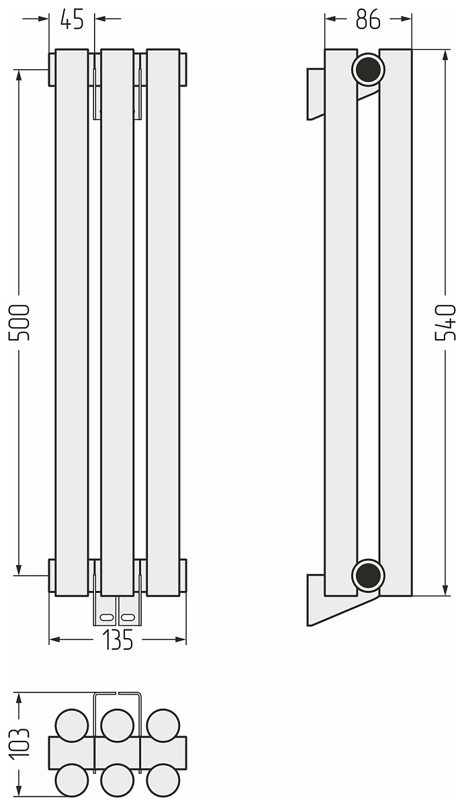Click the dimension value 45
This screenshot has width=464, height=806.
point(72,19)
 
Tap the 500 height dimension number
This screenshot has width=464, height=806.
point(19,322)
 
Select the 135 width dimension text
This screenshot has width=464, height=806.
point(118,639)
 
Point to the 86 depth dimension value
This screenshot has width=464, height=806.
point(368,19)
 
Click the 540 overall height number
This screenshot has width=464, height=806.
point(445,322)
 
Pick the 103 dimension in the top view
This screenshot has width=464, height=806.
point(19,744)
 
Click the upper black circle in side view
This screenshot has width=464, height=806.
point(368,69)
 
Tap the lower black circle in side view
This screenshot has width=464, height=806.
point(368,576)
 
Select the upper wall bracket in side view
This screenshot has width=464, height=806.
point(316,94)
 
